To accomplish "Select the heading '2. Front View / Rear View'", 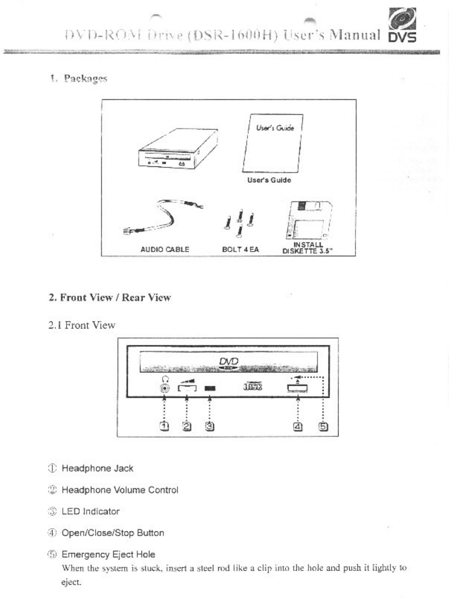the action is (x=110, y=297).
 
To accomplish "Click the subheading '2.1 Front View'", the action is (x=82, y=325).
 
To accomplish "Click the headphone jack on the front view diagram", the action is (x=165, y=388).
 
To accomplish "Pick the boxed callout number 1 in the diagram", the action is (x=165, y=424).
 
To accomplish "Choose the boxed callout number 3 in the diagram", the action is (x=210, y=424).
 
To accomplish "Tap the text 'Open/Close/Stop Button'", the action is (x=113, y=532).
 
